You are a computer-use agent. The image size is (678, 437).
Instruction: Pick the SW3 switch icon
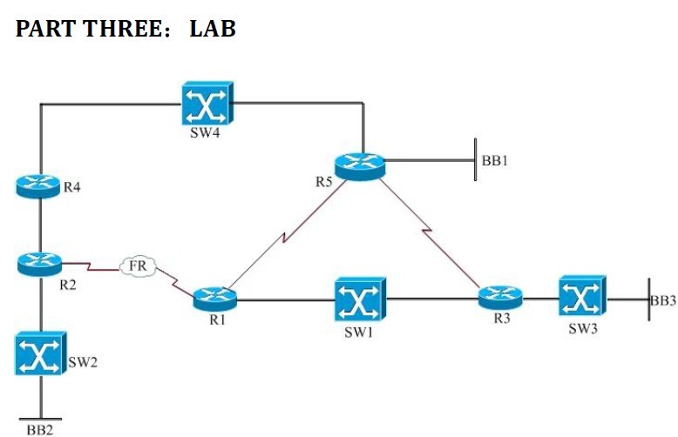click(581, 299)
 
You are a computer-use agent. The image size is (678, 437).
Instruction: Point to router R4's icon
click(39, 185)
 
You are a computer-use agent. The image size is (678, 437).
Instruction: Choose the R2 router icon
click(39, 260)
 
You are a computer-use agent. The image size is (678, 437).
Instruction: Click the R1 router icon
click(214, 298)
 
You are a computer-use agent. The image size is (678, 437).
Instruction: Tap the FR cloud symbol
click(137, 265)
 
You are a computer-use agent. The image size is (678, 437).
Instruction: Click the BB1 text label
click(493, 161)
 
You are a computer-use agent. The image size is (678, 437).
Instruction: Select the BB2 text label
click(39, 429)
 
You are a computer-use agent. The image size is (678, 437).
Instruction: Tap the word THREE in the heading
click(122, 28)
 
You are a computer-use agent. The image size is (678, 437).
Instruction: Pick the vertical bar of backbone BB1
click(475, 158)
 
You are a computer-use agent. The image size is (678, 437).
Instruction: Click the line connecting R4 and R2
click(39, 223)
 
